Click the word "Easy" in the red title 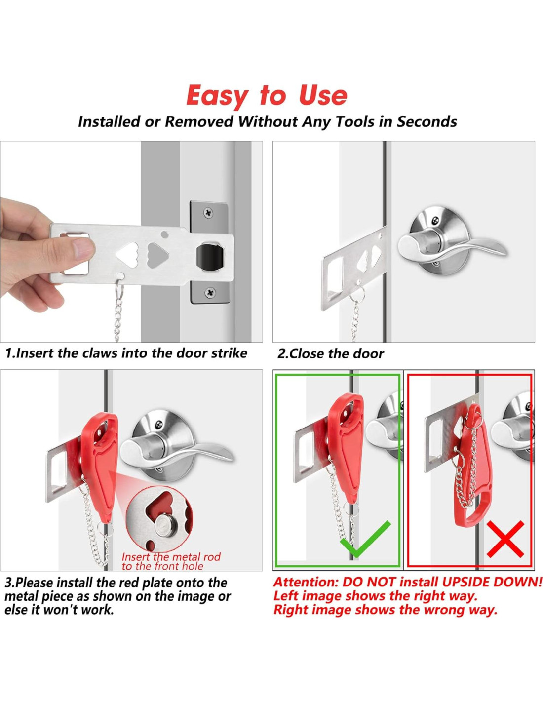tap(217, 96)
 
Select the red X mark tap(505, 539)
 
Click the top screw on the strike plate tap(208, 213)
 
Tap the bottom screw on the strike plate tap(210, 293)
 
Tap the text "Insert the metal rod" tap(171, 557)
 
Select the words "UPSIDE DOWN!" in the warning tap(492, 582)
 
